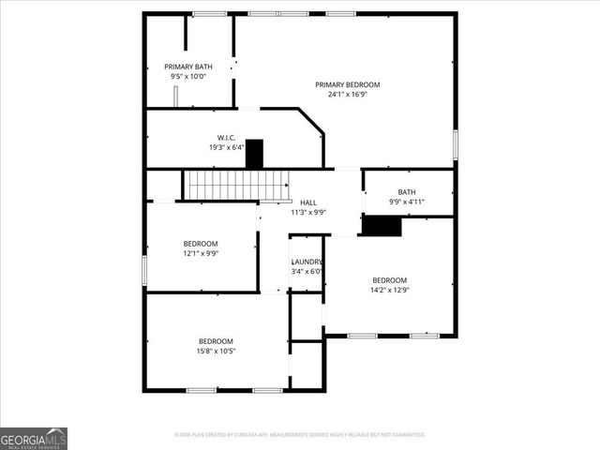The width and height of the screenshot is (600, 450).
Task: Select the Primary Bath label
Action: [x=188, y=67]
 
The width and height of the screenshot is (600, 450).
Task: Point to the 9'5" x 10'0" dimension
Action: [x=188, y=77]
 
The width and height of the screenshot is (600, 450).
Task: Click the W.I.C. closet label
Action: [x=226, y=137]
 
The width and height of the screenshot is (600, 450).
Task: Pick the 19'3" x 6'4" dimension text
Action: [x=226, y=147]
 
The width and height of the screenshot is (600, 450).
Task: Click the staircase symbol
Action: [x=222, y=185]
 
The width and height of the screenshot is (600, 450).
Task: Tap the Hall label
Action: [x=307, y=202]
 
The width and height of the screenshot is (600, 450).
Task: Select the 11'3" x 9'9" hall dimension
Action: [x=307, y=212]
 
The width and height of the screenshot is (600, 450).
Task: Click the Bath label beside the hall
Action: [x=407, y=192]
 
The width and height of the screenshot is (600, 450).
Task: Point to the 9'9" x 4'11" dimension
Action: [x=407, y=202]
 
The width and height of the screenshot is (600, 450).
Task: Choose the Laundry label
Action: [x=307, y=262]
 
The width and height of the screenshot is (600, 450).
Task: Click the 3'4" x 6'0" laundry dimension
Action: [x=307, y=272]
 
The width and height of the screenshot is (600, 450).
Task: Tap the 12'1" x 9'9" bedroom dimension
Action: [x=200, y=253]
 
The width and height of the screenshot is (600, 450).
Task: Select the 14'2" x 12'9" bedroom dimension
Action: [x=390, y=290]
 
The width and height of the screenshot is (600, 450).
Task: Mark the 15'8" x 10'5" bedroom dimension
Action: [x=216, y=352]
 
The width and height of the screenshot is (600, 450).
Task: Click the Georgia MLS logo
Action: [x=34, y=439]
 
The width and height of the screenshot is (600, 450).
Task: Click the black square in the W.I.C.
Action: [x=254, y=154]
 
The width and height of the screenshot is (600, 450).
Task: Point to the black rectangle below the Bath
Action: [x=382, y=226]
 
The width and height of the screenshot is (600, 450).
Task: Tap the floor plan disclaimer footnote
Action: [x=300, y=435]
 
